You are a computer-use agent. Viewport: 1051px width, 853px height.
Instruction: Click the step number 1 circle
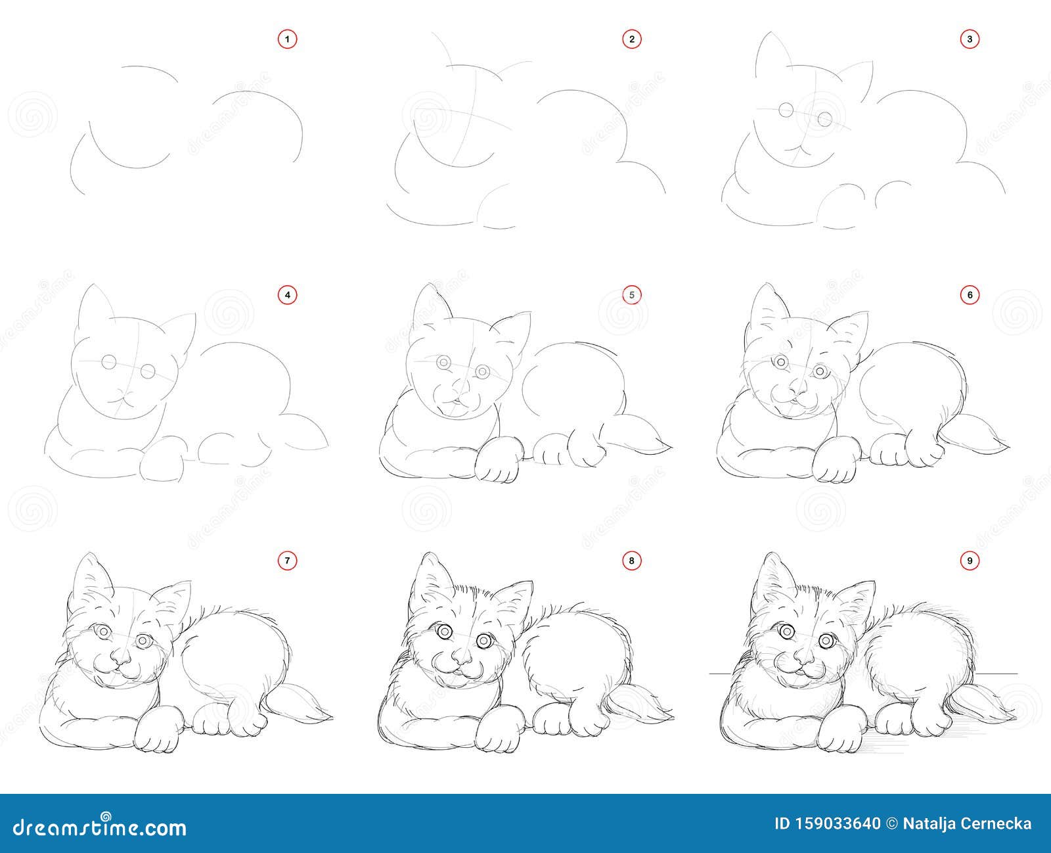click(288, 39)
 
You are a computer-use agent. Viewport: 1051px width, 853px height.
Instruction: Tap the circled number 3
click(970, 39)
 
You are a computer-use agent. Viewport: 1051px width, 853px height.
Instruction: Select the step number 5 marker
click(632, 295)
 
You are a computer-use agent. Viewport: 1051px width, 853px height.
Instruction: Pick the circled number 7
click(288, 561)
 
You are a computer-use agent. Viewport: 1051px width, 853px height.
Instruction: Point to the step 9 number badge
click(970, 561)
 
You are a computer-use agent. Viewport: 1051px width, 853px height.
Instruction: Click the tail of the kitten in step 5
click(639, 434)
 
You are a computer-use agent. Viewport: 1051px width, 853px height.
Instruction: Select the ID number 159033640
click(836, 823)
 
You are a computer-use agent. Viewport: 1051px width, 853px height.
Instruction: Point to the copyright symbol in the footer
click(892, 823)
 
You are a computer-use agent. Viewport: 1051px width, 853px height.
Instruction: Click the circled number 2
click(632, 39)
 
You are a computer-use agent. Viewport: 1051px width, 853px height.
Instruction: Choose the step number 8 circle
click(632, 561)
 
